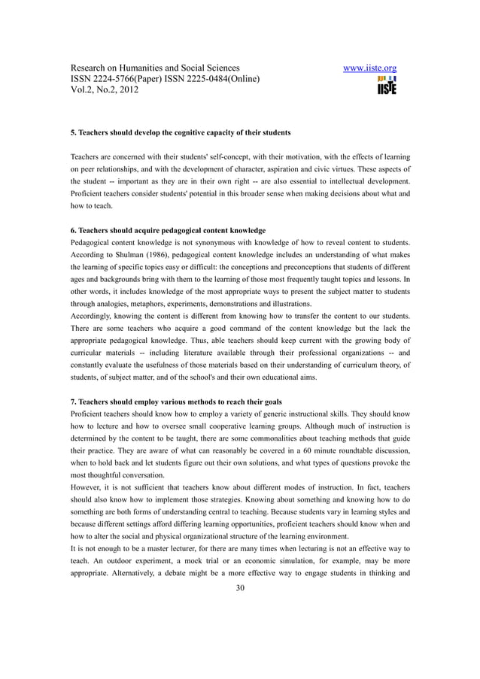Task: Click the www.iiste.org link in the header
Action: [370, 69]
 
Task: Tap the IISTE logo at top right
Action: [387, 85]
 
